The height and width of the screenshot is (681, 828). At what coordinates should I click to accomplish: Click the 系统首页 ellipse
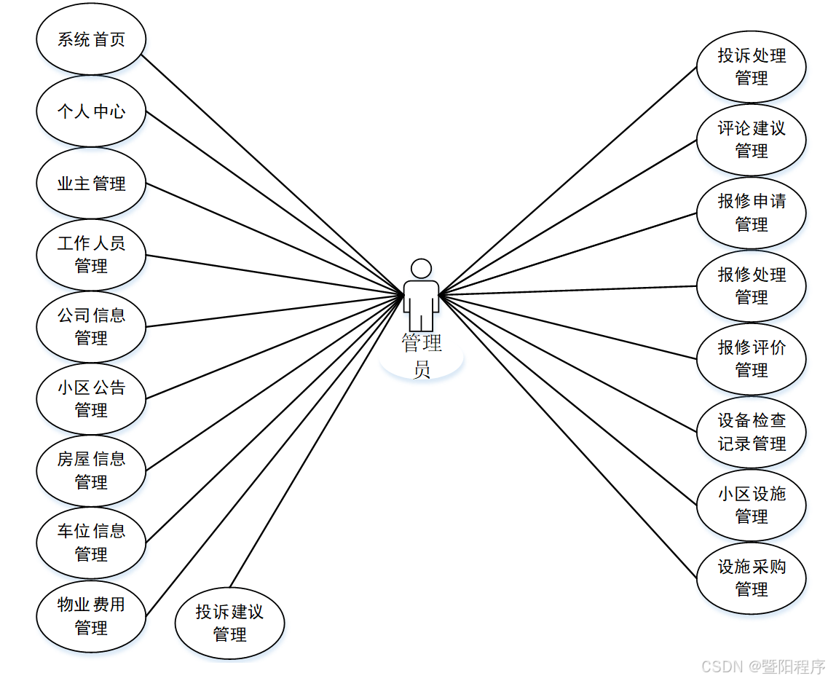tap(91, 39)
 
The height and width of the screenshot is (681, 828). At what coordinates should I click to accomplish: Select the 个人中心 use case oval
tap(91, 111)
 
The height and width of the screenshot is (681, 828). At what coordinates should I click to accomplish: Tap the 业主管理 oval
tap(91, 184)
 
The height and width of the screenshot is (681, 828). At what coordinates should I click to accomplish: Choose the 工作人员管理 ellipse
tap(91, 254)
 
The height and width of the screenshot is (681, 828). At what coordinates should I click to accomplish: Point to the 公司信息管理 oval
tap(91, 326)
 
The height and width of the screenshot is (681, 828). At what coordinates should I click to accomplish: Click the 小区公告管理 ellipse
tap(91, 398)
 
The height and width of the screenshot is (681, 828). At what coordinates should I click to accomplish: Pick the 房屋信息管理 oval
tap(91, 471)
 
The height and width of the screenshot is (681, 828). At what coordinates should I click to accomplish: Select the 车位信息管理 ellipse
tap(91, 543)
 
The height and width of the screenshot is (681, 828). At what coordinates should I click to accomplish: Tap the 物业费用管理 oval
tap(91, 615)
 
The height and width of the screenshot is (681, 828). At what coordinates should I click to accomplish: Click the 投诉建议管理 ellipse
tap(229, 623)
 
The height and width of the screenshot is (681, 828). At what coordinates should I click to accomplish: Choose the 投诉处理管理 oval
tap(752, 67)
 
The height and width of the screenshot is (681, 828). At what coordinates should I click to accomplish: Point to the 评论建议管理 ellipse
tap(752, 140)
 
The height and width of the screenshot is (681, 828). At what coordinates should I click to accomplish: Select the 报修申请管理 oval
tap(752, 213)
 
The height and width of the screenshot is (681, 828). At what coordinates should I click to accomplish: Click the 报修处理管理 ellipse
tap(752, 286)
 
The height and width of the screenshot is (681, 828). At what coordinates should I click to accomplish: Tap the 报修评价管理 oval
tap(752, 359)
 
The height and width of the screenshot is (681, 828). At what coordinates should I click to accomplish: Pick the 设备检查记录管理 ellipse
tap(752, 432)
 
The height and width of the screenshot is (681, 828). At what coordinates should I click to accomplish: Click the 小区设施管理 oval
tap(752, 505)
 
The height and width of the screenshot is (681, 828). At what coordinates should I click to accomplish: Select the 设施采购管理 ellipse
tap(752, 578)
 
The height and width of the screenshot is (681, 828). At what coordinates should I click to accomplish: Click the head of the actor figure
tap(421, 269)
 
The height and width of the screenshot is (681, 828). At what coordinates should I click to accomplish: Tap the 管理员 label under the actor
tap(422, 355)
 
